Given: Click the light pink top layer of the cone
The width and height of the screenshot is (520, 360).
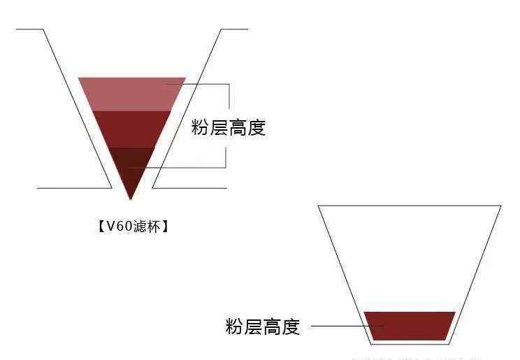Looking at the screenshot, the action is pyautogui.click(x=131, y=94).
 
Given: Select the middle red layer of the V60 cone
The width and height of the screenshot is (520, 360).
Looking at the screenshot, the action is pyautogui.click(x=131, y=129).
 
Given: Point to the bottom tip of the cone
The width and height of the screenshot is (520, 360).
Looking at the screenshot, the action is pyautogui.click(x=130, y=200).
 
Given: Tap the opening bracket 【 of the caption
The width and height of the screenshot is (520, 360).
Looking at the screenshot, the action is pyautogui.click(x=101, y=227).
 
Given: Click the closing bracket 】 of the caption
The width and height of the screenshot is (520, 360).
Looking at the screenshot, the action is pyautogui.click(x=164, y=227).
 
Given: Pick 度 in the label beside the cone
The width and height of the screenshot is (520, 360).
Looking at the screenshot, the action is pyautogui.click(x=257, y=128).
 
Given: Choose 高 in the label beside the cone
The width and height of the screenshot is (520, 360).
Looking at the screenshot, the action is pyautogui.click(x=238, y=128).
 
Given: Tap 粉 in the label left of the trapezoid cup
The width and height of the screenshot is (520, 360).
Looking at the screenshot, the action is pyautogui.click(x=235, y=326).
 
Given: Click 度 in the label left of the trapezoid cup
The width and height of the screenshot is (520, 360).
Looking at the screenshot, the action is pyautogui.click(x=291, y=326).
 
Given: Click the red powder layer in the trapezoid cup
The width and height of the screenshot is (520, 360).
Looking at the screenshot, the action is pyautogui.click(x=410, y=326).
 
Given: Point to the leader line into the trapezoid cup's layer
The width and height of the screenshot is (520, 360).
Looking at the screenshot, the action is pyautogui.click(x=347, y=326).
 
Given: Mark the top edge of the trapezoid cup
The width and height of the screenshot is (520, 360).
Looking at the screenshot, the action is pyautogui.click(x=410, y=206).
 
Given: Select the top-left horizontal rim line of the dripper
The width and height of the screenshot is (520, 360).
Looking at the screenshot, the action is pyautogui.click(x=29, y=29).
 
